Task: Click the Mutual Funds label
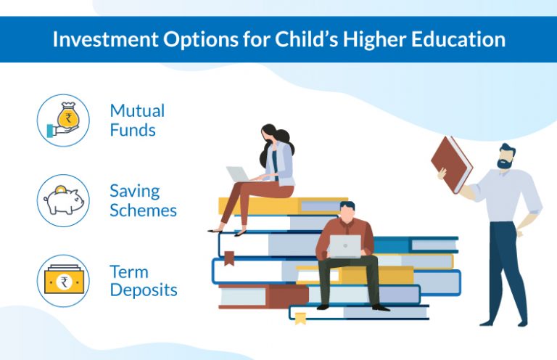137,120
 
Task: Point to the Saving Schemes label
143,201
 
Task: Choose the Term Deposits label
143,281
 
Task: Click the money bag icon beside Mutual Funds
63,120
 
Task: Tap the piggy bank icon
63,200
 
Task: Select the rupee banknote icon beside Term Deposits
63,281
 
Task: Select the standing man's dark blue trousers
508,269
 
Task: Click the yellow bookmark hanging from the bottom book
300,319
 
